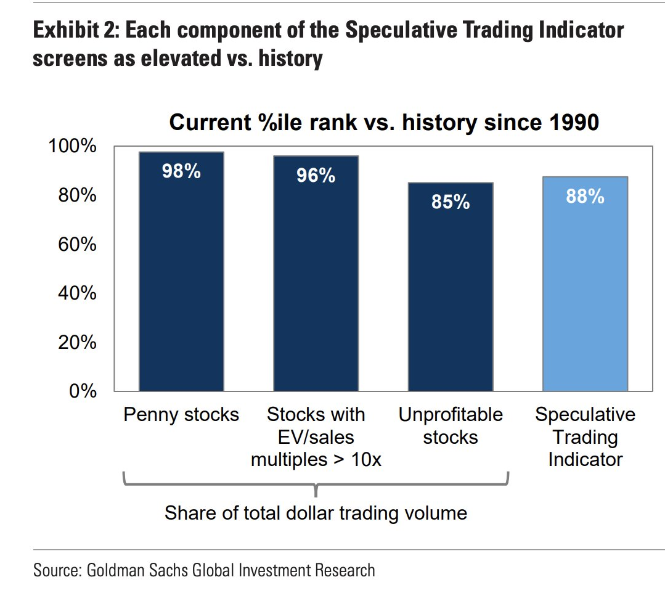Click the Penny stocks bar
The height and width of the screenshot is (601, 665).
pos(181,277)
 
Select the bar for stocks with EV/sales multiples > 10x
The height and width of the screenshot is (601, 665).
pos(316,277)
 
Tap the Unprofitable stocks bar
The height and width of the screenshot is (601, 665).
pos(451,290)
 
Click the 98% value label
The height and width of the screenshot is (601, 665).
pos(181,171)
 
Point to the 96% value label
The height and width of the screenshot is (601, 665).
pos(316,176)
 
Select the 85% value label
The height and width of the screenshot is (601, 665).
pos(451,202)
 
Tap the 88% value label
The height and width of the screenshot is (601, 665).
pos(585,197)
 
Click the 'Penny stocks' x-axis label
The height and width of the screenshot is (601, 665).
pos(181,415)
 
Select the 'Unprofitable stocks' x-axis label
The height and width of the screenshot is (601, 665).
pos(451,426)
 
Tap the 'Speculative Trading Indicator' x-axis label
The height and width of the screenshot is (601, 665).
pos(585,437)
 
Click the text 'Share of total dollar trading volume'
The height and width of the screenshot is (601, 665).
pos(316,513)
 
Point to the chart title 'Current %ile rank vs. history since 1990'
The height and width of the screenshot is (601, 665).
pos(383,122)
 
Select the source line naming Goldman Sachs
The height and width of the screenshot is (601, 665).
pos(204,570)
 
